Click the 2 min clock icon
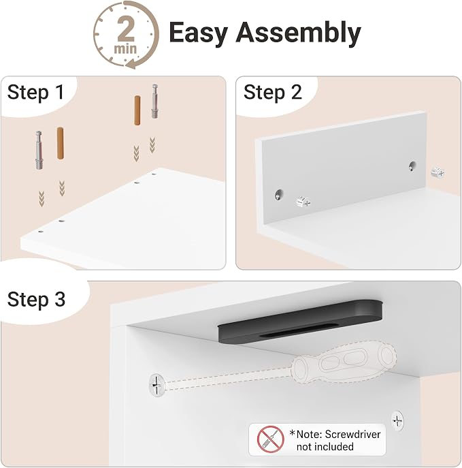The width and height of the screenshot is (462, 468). click(x=126, y=35)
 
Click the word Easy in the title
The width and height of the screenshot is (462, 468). click(x=199, y=33)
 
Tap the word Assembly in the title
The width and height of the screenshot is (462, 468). click(x=298, y=33)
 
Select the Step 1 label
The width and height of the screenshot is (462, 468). click(x=36, y=92)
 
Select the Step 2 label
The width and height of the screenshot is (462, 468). click(x=273, y=92)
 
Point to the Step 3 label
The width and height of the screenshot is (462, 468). click(x=36, y=299)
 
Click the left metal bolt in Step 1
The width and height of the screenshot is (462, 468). click(x=39, y=150)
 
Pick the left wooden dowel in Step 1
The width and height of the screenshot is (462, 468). click(x=60, y=143)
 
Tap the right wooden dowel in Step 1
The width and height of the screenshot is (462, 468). click(x=137, y=110)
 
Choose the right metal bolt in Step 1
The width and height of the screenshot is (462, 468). click(x=154, y=102)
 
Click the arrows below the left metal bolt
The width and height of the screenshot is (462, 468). click(x=42, y=199)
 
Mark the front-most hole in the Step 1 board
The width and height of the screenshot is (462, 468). click(x=41, y=232)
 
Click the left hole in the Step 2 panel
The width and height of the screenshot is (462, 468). click(x=279, y=195)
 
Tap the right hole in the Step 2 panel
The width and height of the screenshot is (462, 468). click(x=412, y=166)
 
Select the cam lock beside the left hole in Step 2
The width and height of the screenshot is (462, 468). click(x=303, y=202)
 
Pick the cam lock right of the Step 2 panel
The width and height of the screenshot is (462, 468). click(x=438, y=172)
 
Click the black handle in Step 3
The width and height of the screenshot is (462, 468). click(x=300, y=322)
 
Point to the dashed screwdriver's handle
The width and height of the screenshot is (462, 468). click(x=344, y=362)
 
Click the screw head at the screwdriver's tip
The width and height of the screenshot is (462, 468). click(x=156, y=385)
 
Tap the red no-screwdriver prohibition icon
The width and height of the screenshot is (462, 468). click(x=271, y=439)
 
